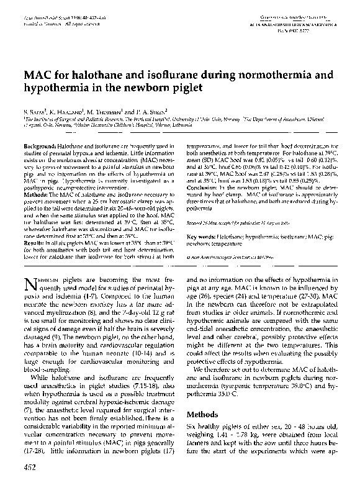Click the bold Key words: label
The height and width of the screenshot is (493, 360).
pos(202,237)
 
